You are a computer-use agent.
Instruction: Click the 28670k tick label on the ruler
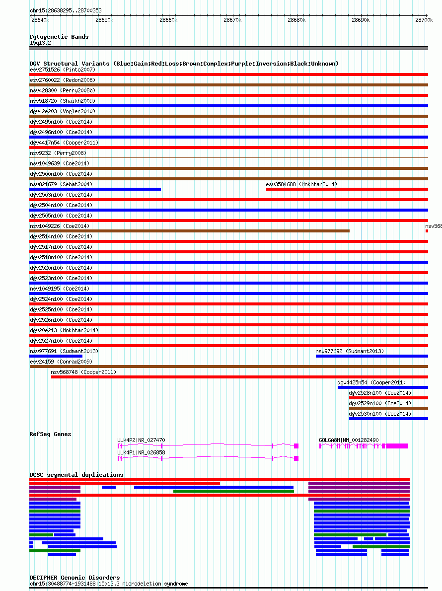tap(232, 20)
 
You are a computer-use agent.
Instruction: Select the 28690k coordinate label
tap(361, 20)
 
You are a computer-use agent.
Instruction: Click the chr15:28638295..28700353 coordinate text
tap(66, 10)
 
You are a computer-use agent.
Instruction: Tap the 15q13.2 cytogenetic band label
tap(40, 43)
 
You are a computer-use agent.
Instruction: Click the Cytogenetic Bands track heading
tap(59, 37)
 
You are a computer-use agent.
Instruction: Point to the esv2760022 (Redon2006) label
tap(63, 80)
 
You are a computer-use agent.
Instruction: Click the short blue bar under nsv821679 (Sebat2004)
tap(95, 189)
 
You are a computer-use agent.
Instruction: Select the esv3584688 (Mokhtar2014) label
tap(301, 184)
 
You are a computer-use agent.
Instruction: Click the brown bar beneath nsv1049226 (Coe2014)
tap(190, 230)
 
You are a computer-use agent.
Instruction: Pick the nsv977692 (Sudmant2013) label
tap(350, 351)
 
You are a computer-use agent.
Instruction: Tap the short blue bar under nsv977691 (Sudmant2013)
tap(56, 356)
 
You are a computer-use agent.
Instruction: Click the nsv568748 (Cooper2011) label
tap(83, 372)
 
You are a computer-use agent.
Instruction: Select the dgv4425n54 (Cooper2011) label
tap(371, 382)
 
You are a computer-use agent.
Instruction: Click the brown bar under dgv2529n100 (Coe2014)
tap(388, 408)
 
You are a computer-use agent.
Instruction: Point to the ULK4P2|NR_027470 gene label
tap(142, 440)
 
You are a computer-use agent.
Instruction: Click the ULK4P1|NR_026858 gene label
tap(142, 452)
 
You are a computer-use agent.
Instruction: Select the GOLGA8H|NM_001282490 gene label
tap(349, 440)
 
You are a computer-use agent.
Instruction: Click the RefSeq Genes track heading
tap(50, 434)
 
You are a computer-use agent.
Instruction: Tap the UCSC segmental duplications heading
tap(76, 475)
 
